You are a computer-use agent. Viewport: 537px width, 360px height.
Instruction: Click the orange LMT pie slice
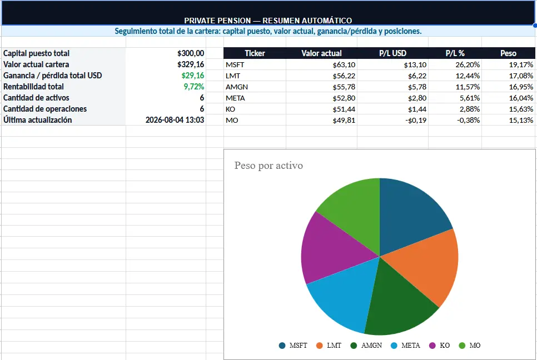(428, 263)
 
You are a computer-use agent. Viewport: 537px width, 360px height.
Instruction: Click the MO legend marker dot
(462, 346)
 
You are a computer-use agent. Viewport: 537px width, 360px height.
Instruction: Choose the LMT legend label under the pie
(334, 346)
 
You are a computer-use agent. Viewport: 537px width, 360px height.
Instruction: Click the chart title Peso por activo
(268, 166)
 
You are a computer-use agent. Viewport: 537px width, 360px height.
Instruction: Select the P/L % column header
(455, 53)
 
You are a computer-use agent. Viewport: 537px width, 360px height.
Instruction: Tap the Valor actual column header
(321, 53)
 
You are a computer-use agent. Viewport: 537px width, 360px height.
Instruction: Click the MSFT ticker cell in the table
(235, 64)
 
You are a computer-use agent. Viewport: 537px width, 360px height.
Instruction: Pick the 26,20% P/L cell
(468, 64)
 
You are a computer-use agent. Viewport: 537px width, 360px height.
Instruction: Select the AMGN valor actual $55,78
(344, 87)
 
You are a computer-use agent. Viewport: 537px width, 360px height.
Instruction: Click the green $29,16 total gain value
(193, 76)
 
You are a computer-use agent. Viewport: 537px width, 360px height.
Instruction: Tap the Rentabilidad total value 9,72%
(194, 87)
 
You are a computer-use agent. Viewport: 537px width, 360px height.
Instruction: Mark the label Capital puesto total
(36, 53)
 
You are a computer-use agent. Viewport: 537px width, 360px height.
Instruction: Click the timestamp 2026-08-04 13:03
(175, 120)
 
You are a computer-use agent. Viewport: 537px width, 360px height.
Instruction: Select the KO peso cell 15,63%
(521, 109)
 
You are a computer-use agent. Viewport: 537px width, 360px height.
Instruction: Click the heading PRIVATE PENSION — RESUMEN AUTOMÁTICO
(268, 21)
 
